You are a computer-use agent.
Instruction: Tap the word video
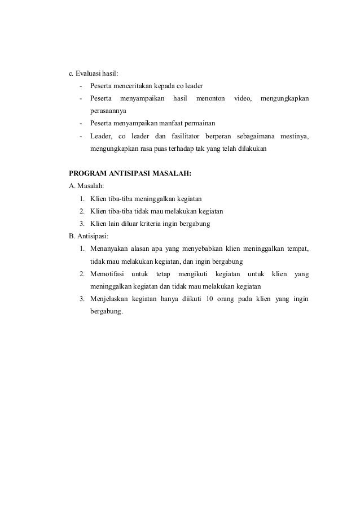[x=243, y=98]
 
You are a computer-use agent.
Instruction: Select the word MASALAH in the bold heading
[x=171, y=174]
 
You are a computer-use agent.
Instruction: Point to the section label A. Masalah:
[x=83, y=186]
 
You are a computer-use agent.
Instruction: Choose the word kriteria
[x=164, y=224]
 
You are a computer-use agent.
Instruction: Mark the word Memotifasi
[x=107, y=273]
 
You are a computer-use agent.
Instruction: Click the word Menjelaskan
[x=108, y=298]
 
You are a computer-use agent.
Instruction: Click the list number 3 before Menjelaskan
[x=82, y=298]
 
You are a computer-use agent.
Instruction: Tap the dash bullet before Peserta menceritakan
[x=82, y=86]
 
